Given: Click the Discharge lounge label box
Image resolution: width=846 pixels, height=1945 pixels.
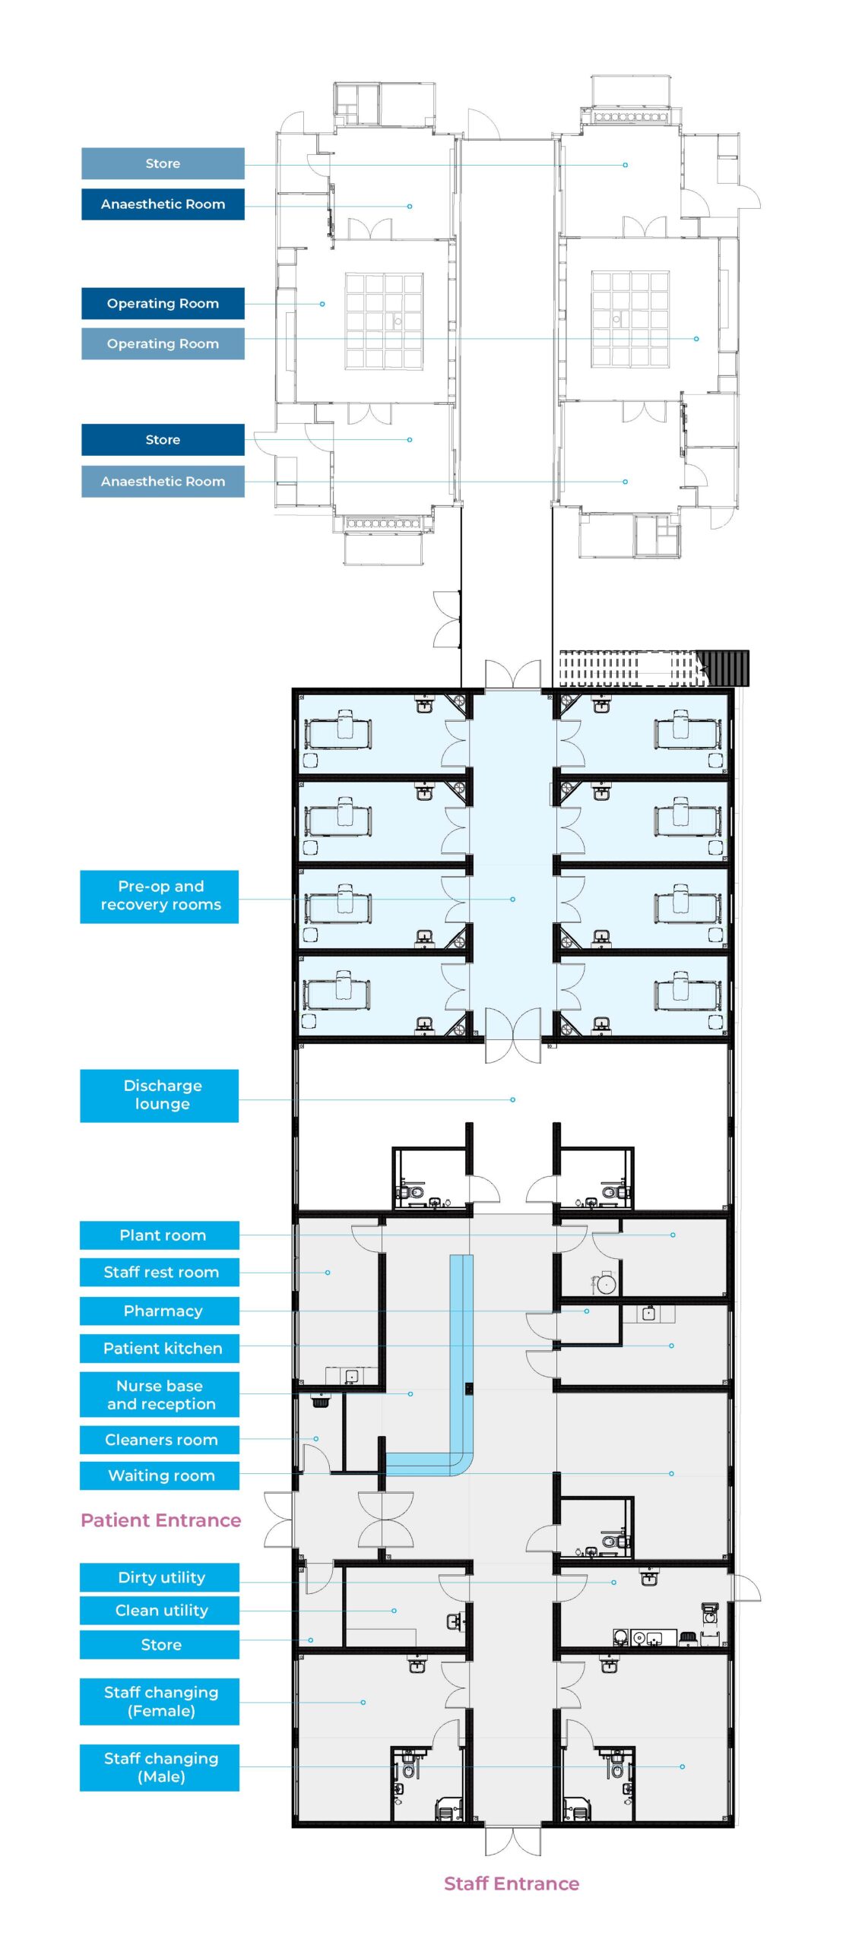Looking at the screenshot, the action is click(x=159, y=1095).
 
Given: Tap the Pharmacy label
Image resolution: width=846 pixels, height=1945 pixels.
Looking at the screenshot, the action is click(x=160, y=1310).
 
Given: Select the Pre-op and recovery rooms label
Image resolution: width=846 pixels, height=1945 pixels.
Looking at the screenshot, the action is click(x=159, y=896).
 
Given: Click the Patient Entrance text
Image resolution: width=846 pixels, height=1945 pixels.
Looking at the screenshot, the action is click(x=160, y=1520).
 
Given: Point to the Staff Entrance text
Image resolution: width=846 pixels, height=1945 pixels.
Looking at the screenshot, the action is click(x=512, y=1883).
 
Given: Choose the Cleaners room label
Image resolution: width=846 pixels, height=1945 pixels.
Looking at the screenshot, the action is click(x=160, y=1439).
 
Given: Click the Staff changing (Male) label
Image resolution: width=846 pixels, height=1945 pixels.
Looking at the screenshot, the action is click(x=160, y=1767).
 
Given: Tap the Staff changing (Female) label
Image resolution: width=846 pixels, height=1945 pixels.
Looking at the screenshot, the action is click(x=160, y=1701).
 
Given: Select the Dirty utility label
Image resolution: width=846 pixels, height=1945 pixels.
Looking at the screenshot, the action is click(x=160, y=1577).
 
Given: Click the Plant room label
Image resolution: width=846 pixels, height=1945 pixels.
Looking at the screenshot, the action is click(x=160, y=1235).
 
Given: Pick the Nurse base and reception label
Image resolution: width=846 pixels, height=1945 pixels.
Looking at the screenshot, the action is click(x=160, y=1394).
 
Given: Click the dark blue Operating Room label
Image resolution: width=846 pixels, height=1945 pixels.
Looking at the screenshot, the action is click(x=163, y=303).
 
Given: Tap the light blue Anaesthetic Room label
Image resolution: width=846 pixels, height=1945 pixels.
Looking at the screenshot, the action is click(x=163, y=481).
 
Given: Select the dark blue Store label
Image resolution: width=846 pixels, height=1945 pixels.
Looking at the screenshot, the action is click(x=163, y=439).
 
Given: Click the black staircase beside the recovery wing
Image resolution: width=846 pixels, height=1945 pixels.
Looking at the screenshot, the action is click(x=723, y=668).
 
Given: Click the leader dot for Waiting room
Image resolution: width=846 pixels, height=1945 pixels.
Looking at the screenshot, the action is click(x=671, y=1473).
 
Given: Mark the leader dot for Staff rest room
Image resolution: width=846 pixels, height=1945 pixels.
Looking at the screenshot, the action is click(x=328, y=1272).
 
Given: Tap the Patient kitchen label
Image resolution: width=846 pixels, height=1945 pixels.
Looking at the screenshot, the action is click(x=160, y=1348).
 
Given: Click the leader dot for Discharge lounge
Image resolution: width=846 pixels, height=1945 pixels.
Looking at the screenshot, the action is click(x=513, y=1099).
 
